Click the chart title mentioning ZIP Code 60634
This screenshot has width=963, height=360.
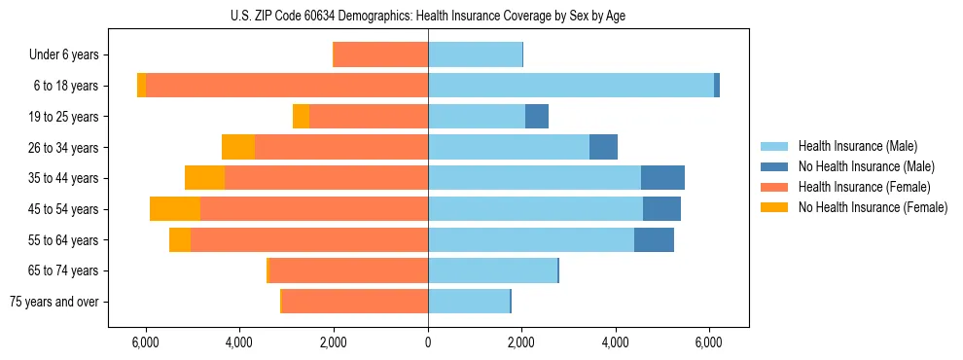[x=428, y=16]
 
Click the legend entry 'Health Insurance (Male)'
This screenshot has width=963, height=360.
[x=857, y=146]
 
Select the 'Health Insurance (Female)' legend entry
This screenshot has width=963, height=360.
[x=863, y=187]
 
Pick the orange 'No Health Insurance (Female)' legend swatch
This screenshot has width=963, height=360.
[x=774, y=207]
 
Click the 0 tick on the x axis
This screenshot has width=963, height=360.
[x=428, y=343]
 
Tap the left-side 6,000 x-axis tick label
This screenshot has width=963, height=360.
[x=145, y=343]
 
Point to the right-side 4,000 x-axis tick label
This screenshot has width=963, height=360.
[x=616, y=343]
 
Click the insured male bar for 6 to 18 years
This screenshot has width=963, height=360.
[x=571, y=86]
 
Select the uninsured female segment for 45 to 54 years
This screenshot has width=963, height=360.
[x=175, y=209]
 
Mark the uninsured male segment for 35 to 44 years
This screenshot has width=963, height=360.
[x=662, y=178]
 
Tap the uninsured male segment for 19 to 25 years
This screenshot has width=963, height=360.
[x=537, y=117]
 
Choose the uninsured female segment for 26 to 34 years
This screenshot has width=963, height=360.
[x=238, y=147]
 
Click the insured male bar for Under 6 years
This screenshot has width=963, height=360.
[x=475, y=54]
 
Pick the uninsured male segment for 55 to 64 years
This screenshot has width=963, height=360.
[x=654, y=239]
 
